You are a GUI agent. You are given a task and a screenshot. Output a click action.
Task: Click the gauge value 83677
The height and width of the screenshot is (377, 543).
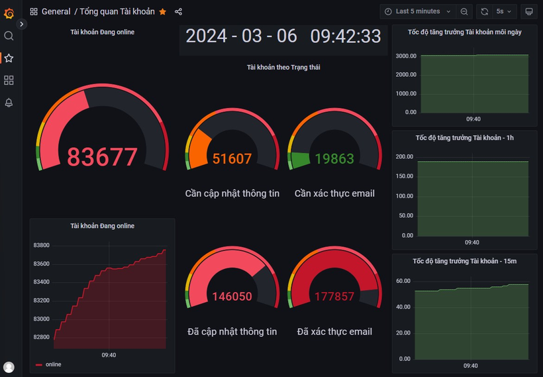[102, 157]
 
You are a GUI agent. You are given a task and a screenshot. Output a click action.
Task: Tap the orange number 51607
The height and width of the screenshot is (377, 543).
[232, 159]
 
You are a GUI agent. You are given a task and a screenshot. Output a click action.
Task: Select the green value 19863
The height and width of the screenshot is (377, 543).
[334, 159]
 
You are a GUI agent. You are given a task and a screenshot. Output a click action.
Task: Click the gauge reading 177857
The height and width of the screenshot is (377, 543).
[334, 296]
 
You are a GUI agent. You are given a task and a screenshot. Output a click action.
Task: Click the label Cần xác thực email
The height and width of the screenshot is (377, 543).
[334, 193]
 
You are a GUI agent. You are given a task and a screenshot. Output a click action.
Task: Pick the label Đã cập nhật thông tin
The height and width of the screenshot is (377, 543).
[232, 331]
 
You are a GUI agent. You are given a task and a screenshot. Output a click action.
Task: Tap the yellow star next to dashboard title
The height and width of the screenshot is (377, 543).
[163, 12]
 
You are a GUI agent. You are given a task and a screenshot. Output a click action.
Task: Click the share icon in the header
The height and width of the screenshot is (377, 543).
[179, 12]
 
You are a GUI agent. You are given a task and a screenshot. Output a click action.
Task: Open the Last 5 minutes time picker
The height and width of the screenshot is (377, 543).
[418, 11]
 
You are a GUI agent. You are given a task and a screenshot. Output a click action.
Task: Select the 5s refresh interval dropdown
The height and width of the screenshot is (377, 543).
[504, 11]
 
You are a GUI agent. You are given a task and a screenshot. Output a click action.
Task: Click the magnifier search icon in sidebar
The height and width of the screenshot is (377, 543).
[9, 36]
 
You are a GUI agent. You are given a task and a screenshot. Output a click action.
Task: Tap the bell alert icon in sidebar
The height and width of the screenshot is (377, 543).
[9, 103]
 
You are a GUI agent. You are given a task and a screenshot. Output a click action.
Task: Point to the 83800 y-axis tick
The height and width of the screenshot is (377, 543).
[41, 245]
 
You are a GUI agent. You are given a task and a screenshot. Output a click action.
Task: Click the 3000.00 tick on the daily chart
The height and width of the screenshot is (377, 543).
[406, 56]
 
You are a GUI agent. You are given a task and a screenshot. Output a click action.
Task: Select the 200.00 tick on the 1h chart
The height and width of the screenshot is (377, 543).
[404, 157]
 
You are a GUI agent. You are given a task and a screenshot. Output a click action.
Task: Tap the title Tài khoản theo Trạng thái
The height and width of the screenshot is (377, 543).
[283, 67]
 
